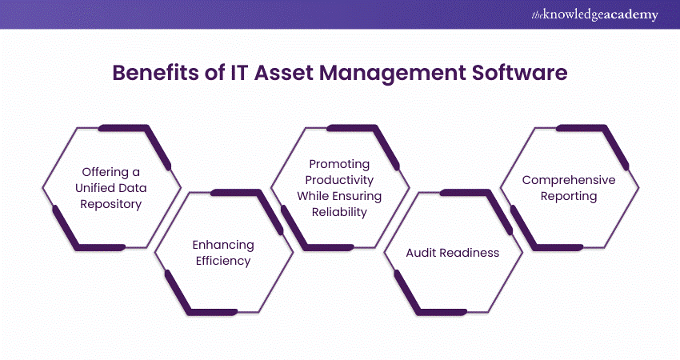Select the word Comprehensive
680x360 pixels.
[569, 180]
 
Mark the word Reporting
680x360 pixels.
[569, 196]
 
